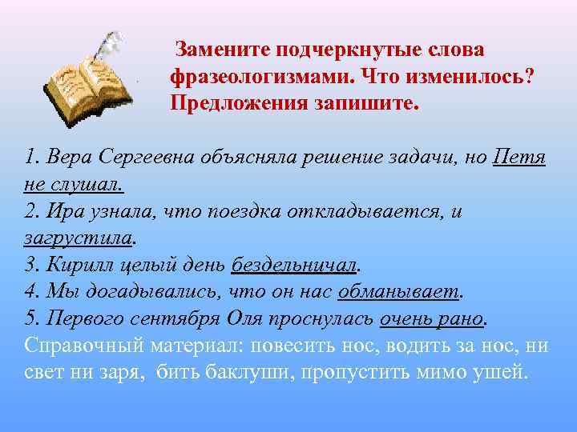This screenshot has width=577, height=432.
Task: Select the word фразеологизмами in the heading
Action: click(x=260, y=77)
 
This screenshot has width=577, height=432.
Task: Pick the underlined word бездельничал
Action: click(x=294, y=265)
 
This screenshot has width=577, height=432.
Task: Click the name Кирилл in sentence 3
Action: click(x=75, y=265)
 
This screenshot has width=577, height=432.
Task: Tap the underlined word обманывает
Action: click(x=399, y=292)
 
